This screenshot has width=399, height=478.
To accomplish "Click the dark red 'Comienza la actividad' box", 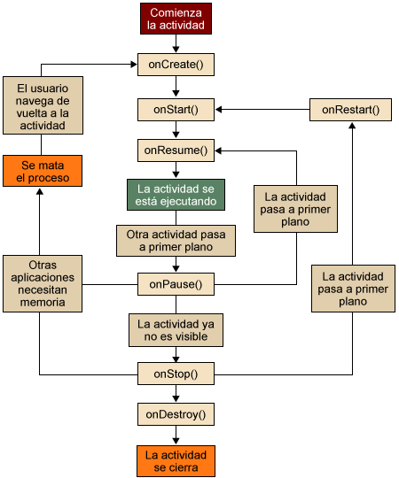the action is pyautogui.click(x=176, y=19).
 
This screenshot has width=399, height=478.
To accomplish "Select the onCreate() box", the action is pyautogui.click(x=176, y=65).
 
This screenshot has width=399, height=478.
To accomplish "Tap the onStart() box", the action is pyautogui.click(x=176, y=110).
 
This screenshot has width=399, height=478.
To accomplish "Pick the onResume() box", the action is pyautogui.click(x=176, y=150).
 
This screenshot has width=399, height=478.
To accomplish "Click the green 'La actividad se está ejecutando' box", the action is pyautogui.click(x=176, y=195).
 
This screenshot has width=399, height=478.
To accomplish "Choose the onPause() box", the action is pyautogui.click(x=176, y=284).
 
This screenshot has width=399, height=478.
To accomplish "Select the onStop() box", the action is pyautogui.click(x=176, y=374).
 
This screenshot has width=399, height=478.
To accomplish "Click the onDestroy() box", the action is pyautogui.click(x=176, y=414).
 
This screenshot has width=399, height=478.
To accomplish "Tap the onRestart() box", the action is pyautogui.click(x=350, y=110).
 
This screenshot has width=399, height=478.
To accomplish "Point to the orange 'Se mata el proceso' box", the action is pyautogui.click(x=43, y=171).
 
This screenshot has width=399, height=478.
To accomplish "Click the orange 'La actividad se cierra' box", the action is pyautogui.click(x=176, y=461).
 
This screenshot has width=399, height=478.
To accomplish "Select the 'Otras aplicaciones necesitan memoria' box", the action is pyautogui.click(x=43, y=283).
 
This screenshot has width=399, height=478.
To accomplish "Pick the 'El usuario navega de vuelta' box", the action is pyautogui.click(x=43, y=105).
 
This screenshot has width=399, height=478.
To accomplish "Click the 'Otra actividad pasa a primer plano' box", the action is pyautogui.click(x=176, y=241).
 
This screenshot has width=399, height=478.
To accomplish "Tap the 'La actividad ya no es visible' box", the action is pyautogui.click(x=176, y=330).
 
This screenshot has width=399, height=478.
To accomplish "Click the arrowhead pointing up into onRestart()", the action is pyautogui.click(x=352, y=126).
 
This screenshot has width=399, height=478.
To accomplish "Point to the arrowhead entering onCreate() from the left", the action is pyautogui.click(x=134, y=65).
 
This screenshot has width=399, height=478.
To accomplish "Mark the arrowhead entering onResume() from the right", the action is pyautogui.click(x=218, y=150).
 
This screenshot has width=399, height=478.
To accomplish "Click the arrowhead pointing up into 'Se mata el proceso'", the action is pyautogui.click(x=40, y=191).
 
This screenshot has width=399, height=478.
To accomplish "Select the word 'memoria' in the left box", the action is pyautogui.click(x=43, y=303).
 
